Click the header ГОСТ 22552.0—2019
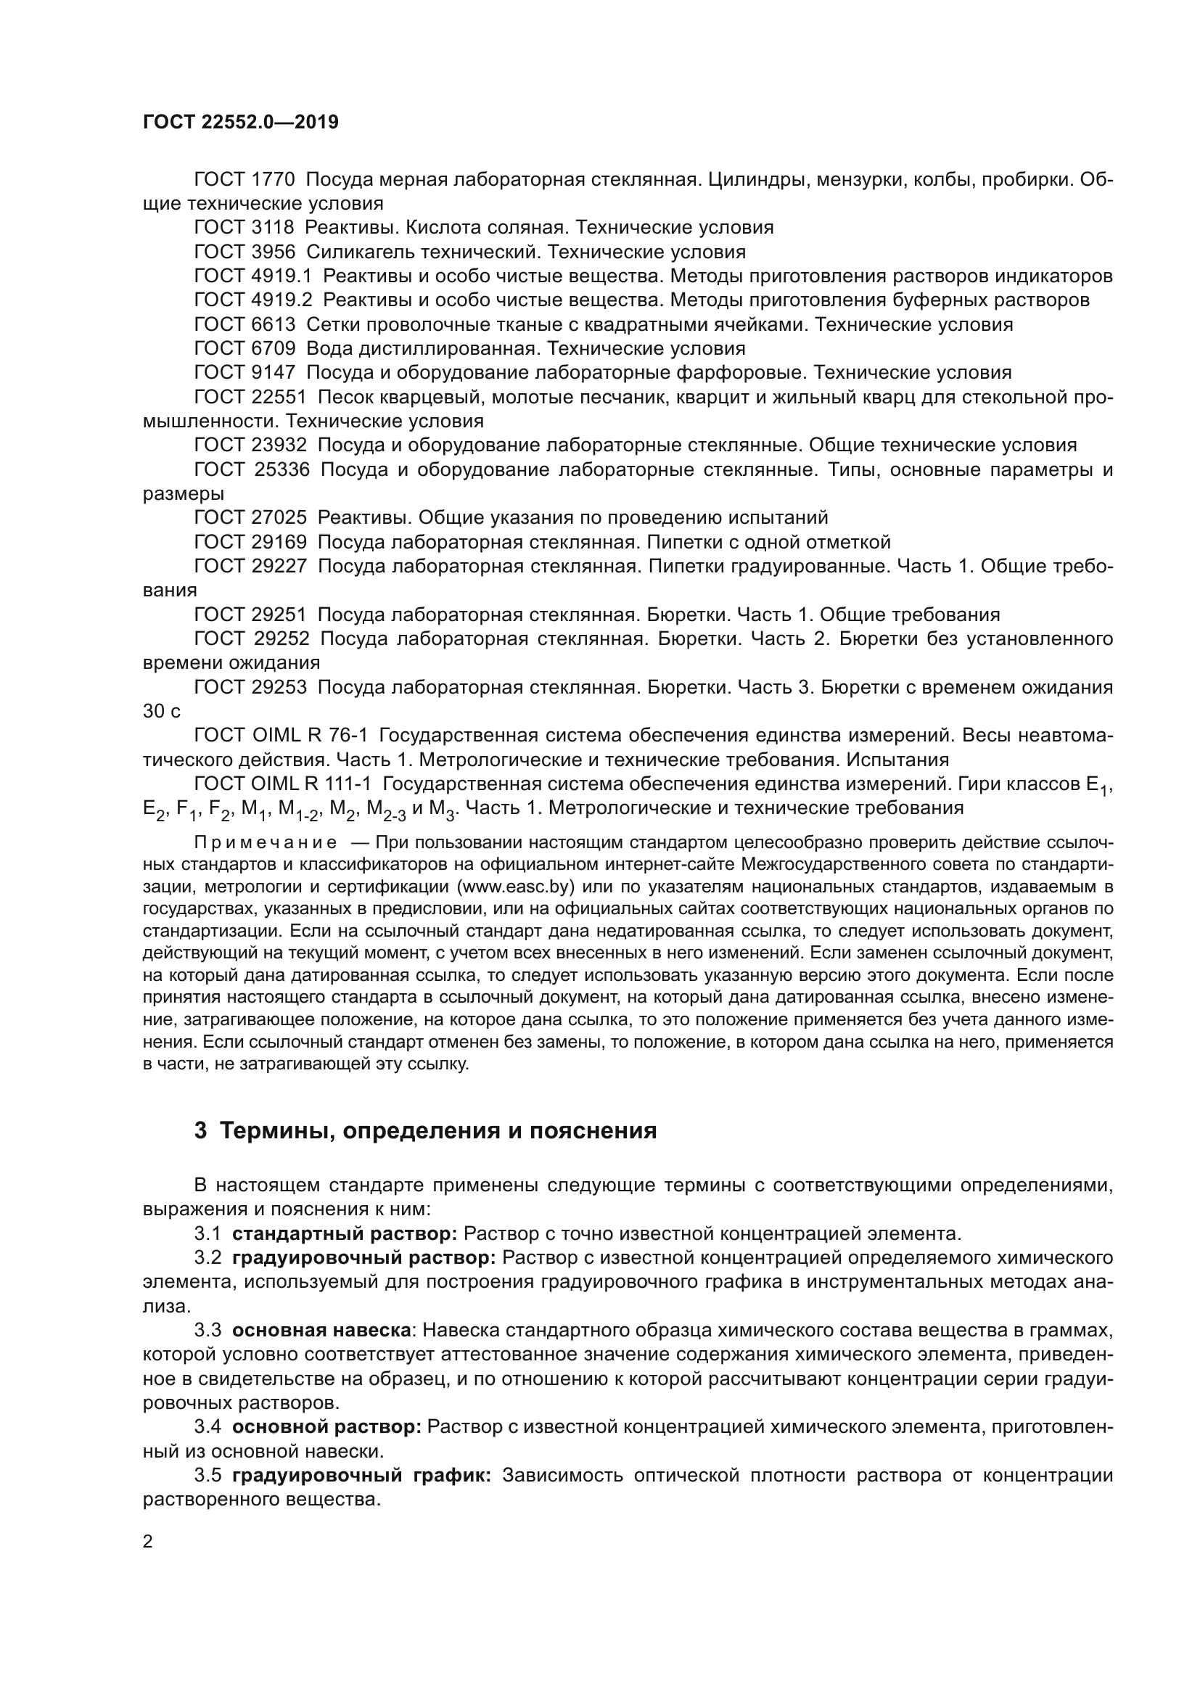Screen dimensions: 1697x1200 point(240,122)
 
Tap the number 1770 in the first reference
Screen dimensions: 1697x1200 point(273,180)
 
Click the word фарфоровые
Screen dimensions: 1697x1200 point(743,372)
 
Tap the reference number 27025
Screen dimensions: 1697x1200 point(279,517)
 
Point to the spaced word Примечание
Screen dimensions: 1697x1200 point(266,843)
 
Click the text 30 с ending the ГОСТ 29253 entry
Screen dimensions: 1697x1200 point(162,712)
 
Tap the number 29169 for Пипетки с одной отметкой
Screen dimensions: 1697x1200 point(279,542)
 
